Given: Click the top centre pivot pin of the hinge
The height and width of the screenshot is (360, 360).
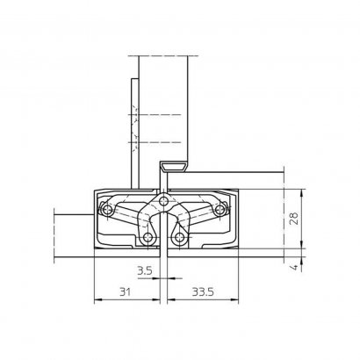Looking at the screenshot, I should click(x=161, y=205).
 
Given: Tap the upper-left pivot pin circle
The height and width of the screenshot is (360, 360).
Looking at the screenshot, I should click(x=107, y=209).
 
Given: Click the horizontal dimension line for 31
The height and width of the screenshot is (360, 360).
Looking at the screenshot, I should click(x=125, y=300).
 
